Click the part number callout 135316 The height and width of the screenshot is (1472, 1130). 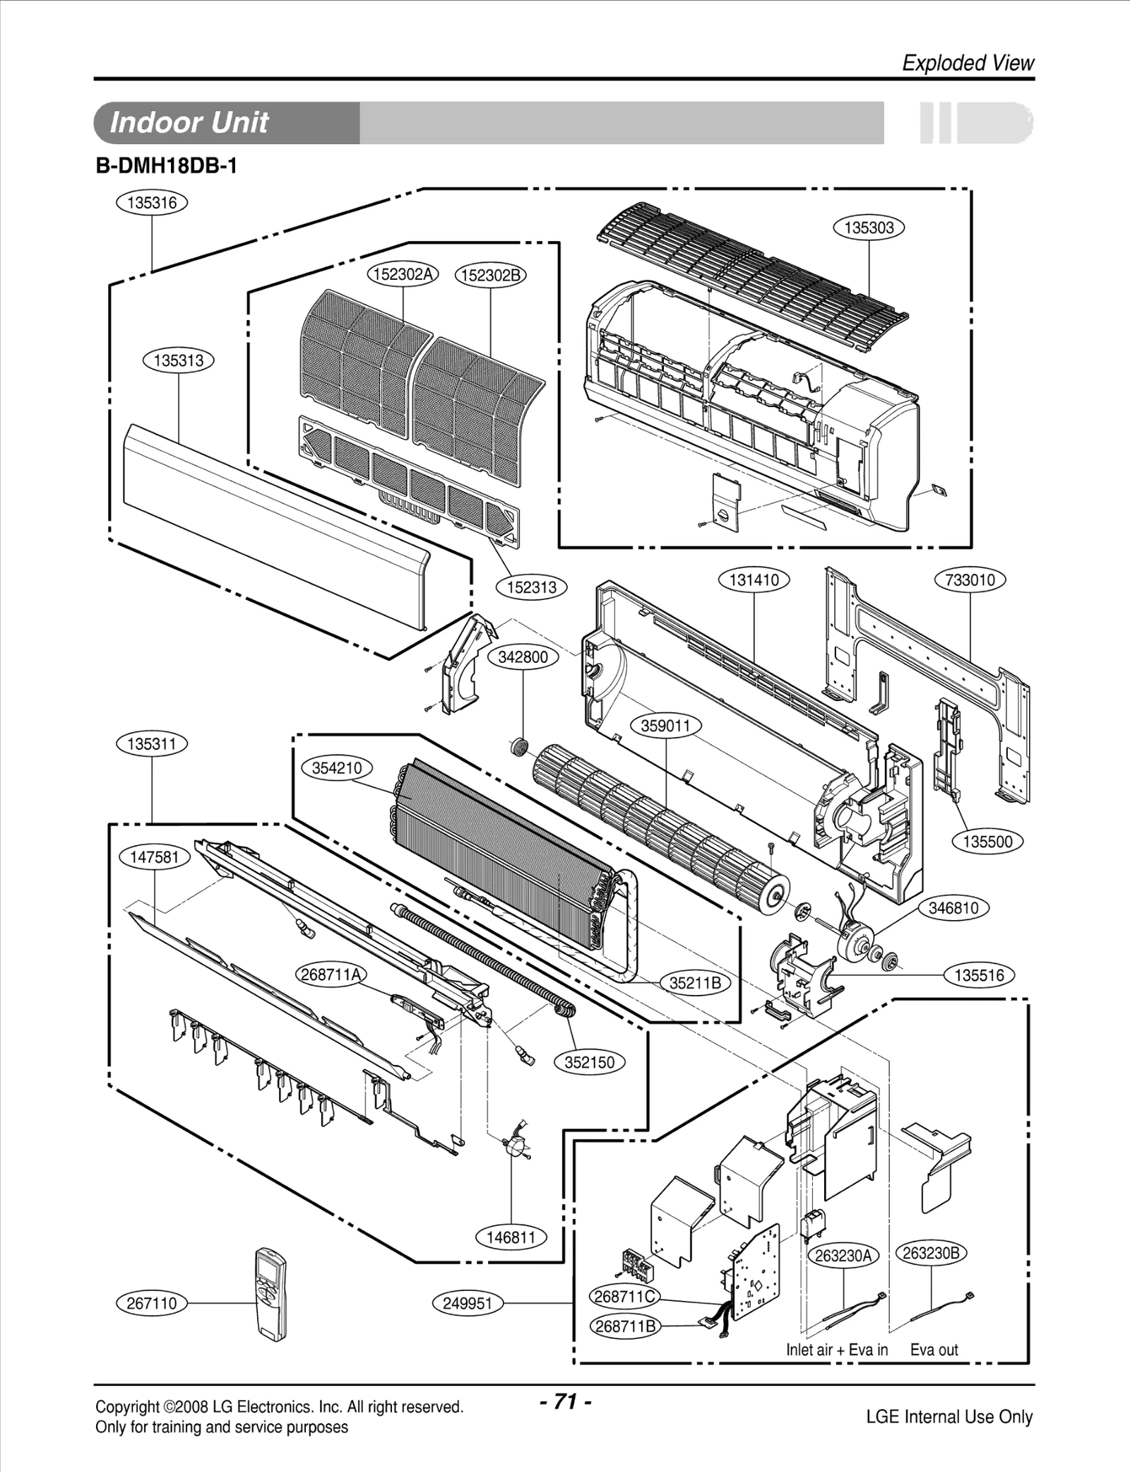pyautogui.click(x=152, y=203)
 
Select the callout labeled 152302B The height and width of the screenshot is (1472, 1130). pyautogui.click(x=491, y=275)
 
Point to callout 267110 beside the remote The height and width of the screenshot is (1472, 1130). pyautogui.click(x=152, y=1303)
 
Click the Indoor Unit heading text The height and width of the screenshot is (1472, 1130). pyautogui.click(x=189, y=123)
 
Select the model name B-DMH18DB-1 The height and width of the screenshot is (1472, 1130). pyautogui.click(x=166, y=167)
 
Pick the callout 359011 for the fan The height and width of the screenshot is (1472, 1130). pyautogui.click(x=665, y=726)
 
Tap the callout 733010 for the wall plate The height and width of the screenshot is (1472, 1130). pyautogui.click(x=970, y=580)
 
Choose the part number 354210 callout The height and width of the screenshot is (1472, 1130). pyautogui.click(x=337, y=768)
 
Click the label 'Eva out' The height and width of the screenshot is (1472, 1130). pyautogui.click(x=934, y=1350)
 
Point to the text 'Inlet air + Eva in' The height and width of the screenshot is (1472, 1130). pyautogui.click(x=837, y=1350)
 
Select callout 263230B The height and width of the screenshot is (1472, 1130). pyautogui.click(x=931, y=1253)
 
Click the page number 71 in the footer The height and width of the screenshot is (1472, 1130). pyautogui.click(x=565, y=1401)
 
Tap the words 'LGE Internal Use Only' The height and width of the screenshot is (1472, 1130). pyautogui.click(x=949, y=1417)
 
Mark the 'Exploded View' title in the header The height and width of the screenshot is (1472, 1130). pyautogui.click(x=968, y=64)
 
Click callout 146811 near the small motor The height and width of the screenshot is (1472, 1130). pyautogui.click(x=511, y=1237)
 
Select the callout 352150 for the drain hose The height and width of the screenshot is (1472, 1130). pyautogui.click(x=590, y=1062)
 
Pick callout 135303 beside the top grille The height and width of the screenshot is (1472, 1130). pyautogui.click(x=869, y=228)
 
